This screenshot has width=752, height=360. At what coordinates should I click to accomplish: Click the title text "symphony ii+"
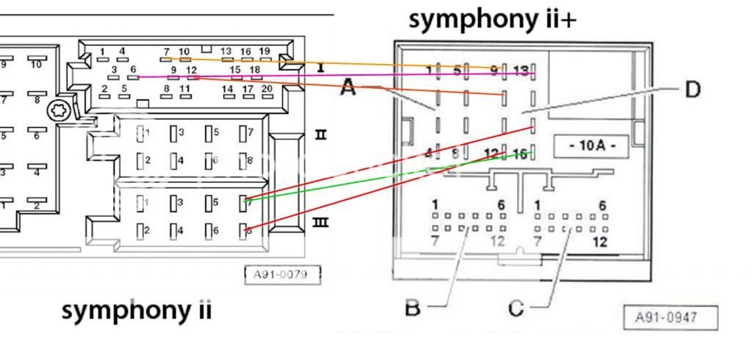tap(492, 20)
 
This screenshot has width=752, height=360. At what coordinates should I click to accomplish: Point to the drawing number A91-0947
tap(670, 318)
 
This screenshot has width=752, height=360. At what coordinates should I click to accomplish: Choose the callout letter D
tap(692, 90)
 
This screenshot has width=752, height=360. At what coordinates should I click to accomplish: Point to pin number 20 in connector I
tap(267, 89)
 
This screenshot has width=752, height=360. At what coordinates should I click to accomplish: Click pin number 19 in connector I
tap(264, 51)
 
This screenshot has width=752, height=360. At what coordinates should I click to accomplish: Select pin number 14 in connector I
tap(228, 89)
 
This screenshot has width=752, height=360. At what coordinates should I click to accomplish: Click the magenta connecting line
tap(330, 75)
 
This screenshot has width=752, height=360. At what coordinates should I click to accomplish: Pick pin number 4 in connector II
tap(181, 159)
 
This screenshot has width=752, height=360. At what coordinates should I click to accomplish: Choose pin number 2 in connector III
tap(147, 231)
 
